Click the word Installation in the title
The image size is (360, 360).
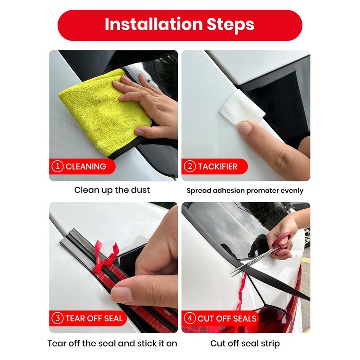tap(153, 24)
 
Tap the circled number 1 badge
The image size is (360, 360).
tap(58, 166)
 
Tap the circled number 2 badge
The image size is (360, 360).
tap(189, 166)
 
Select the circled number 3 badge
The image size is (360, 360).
tap(58, 319)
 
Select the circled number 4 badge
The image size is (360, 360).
tap(189, 319)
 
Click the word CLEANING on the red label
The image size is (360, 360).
tap(86, 166)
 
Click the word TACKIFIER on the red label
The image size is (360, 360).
tap(218, 166)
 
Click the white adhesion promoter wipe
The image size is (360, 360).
tap(241, 108)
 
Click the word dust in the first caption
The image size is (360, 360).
tap(140, 190)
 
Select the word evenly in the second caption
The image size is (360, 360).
tap(294, 191)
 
